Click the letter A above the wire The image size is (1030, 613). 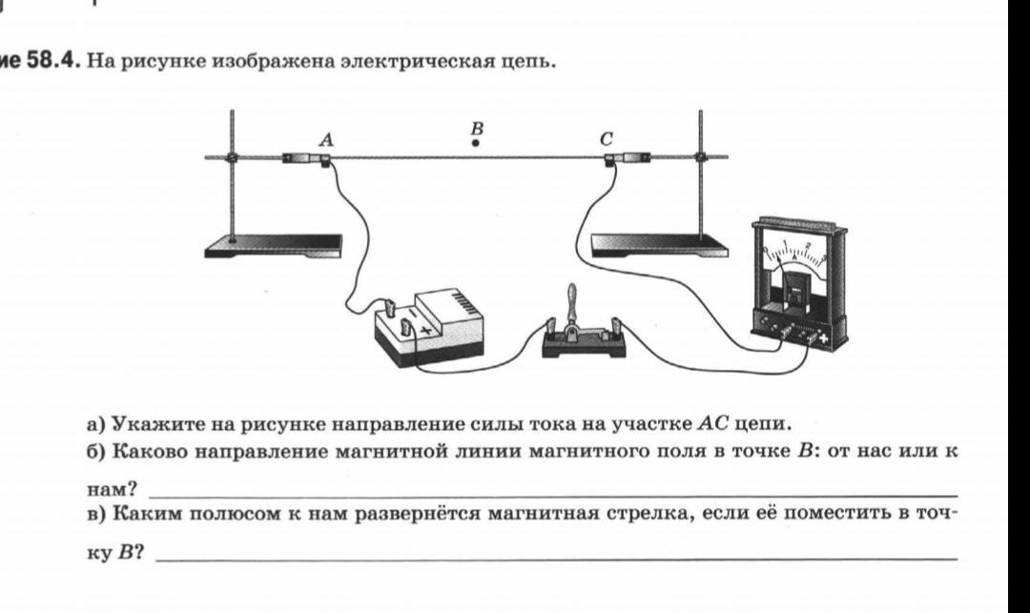tap(327, 139)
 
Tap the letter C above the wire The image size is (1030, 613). tap(606, 139)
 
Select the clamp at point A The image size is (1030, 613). tap(305, 159)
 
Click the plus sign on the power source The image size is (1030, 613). tap(426, 330)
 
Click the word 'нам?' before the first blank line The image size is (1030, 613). tap(111, 490)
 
